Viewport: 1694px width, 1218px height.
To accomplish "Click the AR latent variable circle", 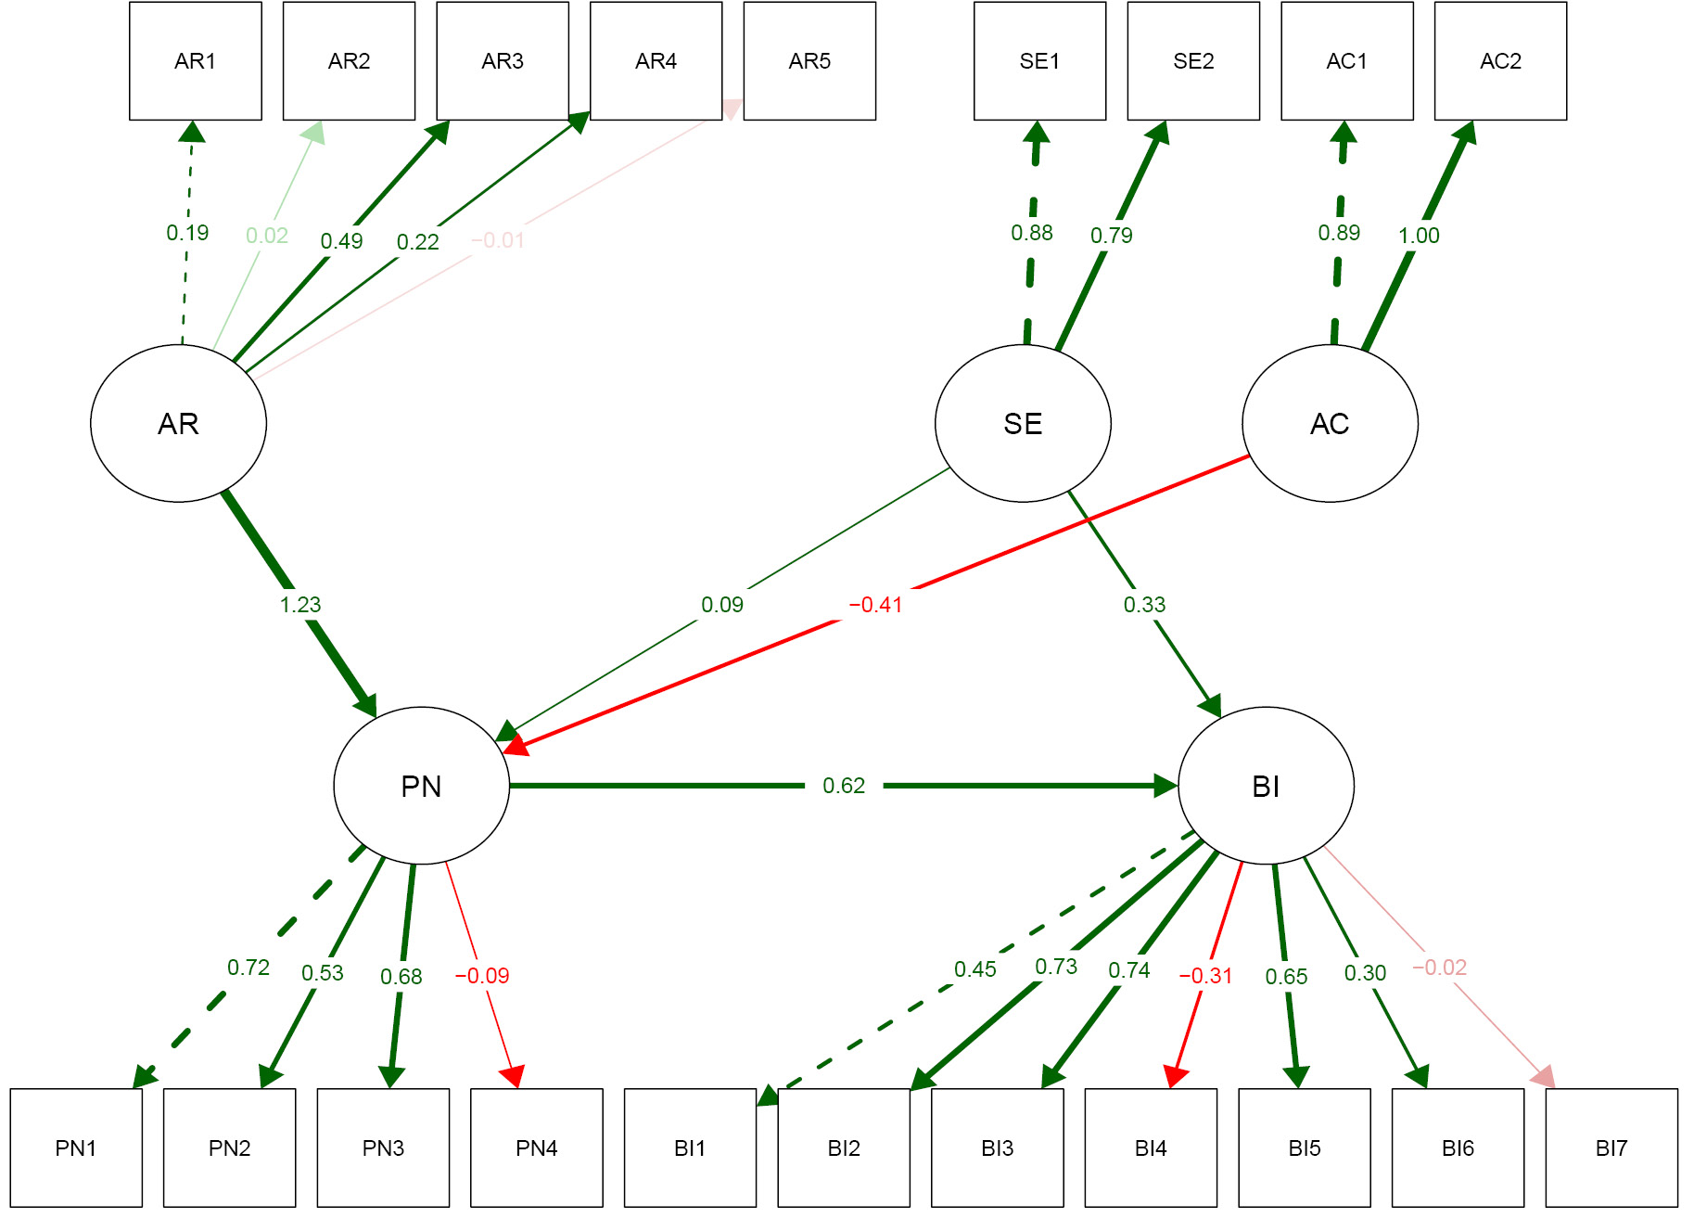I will tap(178, 423).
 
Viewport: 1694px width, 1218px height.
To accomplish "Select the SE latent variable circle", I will tap(1023, 423).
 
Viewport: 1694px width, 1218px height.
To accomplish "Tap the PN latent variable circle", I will tap(421, 786).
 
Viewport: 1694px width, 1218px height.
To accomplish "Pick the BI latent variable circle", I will tap(1266, 786).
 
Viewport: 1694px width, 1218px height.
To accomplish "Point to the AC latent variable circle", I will tap(1330, 423).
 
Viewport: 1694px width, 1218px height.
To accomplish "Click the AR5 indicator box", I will tap(809, 61).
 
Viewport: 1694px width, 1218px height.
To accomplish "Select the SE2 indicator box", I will tap(1193, 61).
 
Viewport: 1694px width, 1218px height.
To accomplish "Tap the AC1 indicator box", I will tap(1346, 61).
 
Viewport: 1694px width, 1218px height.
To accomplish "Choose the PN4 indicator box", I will tap(536, 1147).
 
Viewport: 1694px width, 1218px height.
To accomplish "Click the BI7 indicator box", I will tap(1611, 1147).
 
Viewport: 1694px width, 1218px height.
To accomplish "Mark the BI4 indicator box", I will tap(1151, 1147).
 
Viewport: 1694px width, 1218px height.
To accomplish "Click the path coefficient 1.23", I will tap(300, 605).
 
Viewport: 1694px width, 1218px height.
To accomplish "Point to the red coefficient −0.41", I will tap(875, 605).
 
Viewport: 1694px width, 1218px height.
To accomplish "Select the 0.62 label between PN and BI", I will tap(844, 786).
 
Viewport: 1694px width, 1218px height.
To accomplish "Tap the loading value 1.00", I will tap(1419, 236).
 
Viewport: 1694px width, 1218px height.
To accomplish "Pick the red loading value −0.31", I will tap(1205, 976).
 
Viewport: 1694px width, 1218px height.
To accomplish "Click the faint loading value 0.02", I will tap(267, 236).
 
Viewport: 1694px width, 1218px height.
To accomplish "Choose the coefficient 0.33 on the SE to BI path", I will tap(1144, 605).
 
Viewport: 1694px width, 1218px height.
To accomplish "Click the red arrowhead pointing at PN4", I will tap(514, 1076).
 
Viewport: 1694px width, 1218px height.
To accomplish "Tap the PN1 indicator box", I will tap(76, 1147).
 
